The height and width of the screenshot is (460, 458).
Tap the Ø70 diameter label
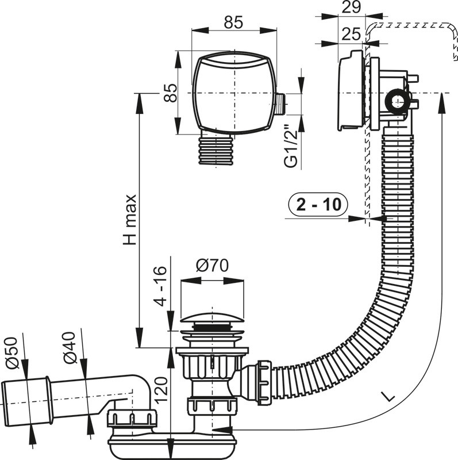[x=212, y=266]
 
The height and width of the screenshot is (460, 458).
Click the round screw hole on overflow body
[x=395, y=101]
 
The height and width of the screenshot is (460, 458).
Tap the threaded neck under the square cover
[x=218, y=149]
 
